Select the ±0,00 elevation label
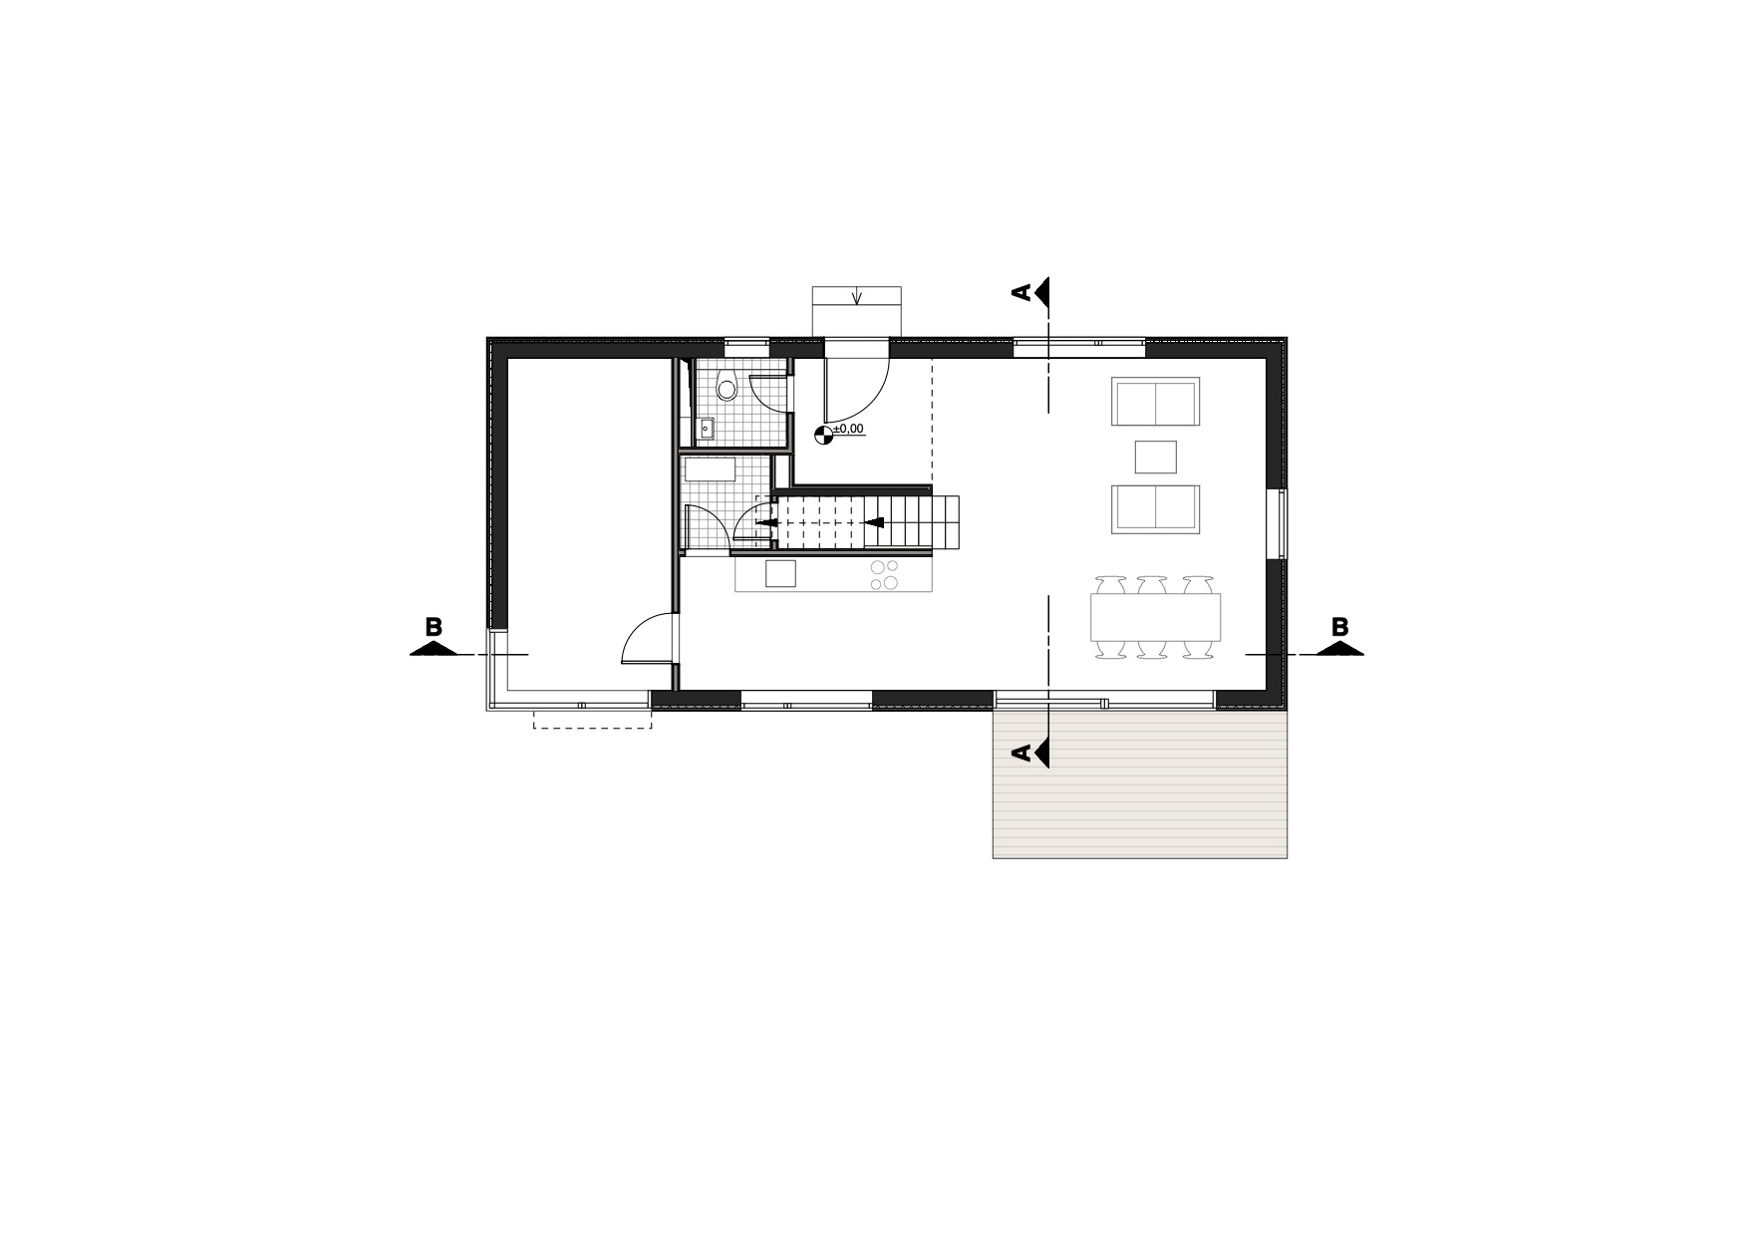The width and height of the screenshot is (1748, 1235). point(848,429)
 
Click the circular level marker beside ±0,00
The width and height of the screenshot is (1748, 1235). point(823,433)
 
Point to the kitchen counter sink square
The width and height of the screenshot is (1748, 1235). point(781,574)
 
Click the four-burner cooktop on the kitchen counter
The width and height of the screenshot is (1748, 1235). point(885,575)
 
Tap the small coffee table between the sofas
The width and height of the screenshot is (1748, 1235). point(1156,457)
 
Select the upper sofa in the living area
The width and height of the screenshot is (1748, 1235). point(1156,402)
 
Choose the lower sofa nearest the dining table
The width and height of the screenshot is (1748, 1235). point(1156,509)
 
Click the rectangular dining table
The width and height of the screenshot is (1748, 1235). point(1156,617)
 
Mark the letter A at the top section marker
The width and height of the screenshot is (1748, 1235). point(1021,292)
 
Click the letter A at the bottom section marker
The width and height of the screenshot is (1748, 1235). point(1021,754)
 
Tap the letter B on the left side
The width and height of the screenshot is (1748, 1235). point(434,627)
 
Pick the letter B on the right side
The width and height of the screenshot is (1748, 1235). point(1340,627)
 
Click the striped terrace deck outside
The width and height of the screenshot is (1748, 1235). point(1140,782)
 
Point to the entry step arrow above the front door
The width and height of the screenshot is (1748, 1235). point(857,296)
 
